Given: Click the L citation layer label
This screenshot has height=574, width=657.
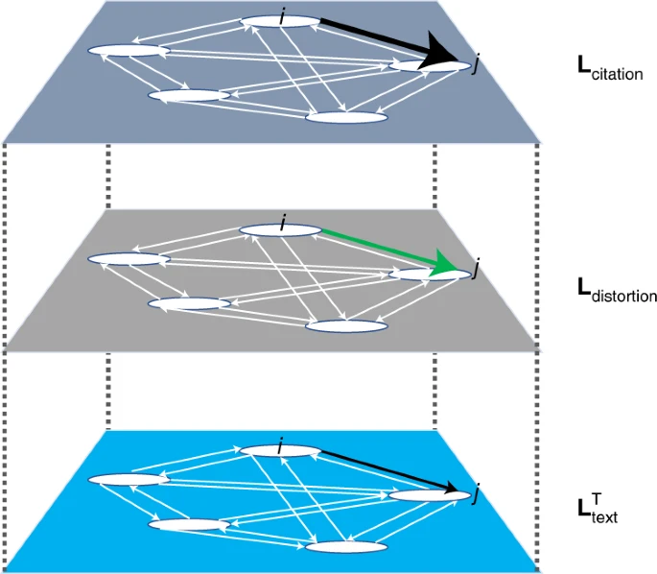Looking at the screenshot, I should pos(610,70).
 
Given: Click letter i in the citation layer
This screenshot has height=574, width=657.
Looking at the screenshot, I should pos(282,13).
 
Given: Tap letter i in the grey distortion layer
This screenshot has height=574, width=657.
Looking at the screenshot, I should pos(283,224).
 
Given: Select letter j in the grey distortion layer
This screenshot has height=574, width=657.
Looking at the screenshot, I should pos(476,272).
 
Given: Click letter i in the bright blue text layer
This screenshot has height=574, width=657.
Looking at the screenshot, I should pos(280,445).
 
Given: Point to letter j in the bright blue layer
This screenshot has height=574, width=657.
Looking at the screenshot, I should pos(476,493).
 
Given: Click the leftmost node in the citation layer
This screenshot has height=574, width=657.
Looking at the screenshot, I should pos(129,50).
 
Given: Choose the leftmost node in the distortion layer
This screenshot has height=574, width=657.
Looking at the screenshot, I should pos(129,259).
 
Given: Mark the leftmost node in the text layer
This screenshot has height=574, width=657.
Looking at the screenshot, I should pos(129,479).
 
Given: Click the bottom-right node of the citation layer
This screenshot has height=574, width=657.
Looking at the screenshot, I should pos(346,117).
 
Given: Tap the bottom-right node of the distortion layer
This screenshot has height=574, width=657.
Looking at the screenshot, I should pos(346,325).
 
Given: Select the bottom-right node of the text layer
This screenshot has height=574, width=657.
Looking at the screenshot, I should pos(346,547).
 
